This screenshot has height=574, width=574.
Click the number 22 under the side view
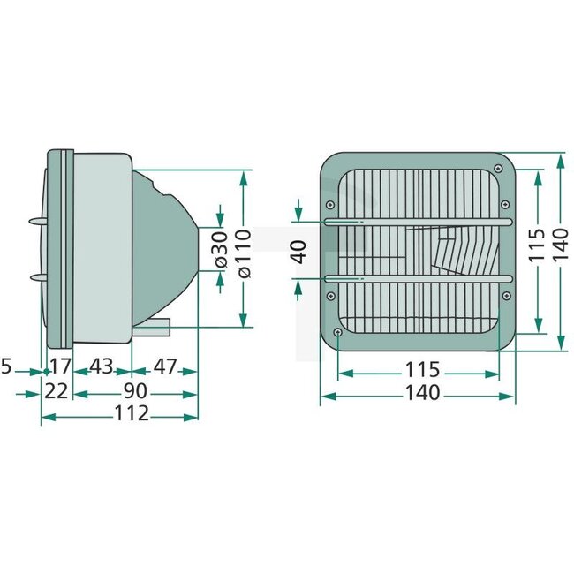[x=57, y=389]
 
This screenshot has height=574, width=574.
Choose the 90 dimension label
[x=135, y=389]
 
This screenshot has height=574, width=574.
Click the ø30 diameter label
[x=221, y=251]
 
